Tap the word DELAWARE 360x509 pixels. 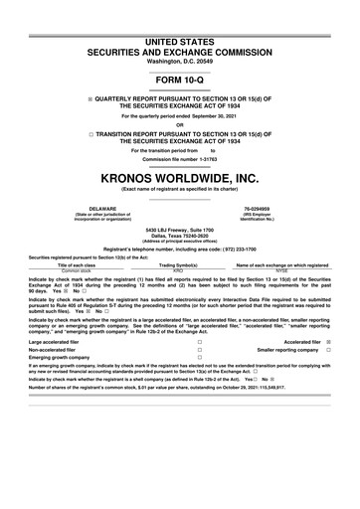(103, 209)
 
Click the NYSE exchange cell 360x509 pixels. (281, 270)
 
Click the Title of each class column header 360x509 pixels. (78, 265)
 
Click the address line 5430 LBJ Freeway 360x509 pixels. (180, 228)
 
